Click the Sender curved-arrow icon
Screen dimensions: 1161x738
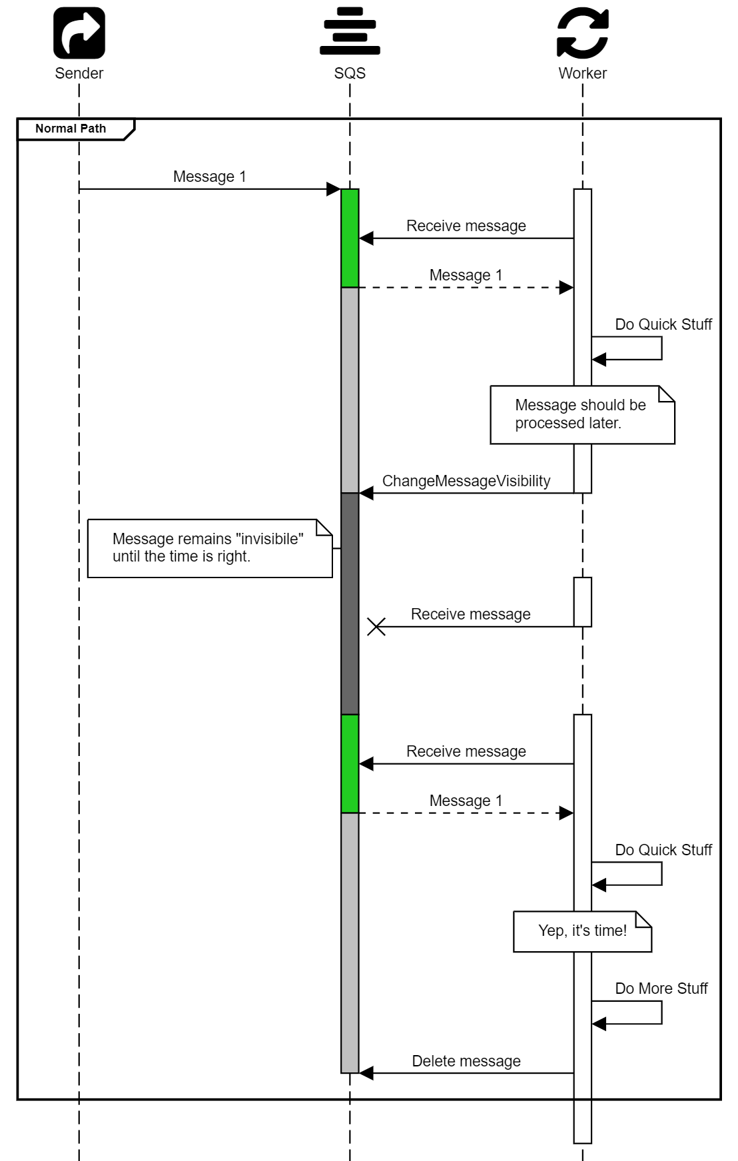[79, 33]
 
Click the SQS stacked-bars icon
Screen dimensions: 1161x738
[350, 31]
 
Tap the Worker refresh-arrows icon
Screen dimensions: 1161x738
[583, 33]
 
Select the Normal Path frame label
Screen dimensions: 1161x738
[71, 129]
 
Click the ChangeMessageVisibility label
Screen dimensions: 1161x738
[466, 481]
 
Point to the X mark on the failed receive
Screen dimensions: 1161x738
[376, 627]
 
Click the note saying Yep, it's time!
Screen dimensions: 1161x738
[582, 931]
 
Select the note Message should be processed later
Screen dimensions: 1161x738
[581, 414]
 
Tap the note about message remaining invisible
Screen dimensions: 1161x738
[209, 548]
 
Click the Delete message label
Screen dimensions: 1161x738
[466, 1061]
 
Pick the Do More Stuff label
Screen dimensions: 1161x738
[661, 988]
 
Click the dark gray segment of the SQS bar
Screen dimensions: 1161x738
[350, 603]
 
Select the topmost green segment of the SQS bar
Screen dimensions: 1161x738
[350, 238]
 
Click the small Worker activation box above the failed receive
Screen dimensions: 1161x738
[583, 601]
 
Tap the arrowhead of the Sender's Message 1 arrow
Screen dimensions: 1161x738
[334, 189]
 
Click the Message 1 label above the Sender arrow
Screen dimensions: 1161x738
[209, 177]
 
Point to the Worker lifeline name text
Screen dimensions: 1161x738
[582, 73]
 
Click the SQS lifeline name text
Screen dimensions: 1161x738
[350, 73]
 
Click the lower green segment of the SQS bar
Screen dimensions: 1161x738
[350, 763]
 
